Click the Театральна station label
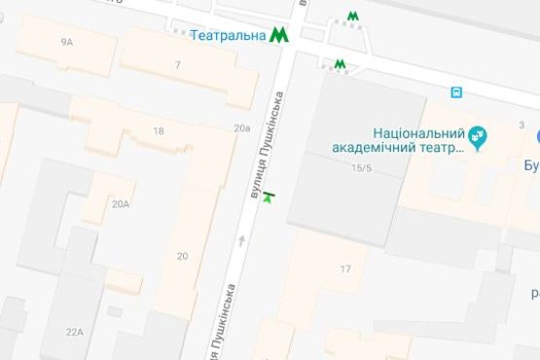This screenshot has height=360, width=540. click(230, 36)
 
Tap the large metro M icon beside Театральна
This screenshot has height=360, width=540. click(279, 35)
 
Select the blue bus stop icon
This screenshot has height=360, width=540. click(455, 92)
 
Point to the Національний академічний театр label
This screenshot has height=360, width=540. click(420, 141)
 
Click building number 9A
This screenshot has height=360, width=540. click(66, 42)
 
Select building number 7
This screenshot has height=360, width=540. click(177, 65)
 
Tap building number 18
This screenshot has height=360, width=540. click(158, 131)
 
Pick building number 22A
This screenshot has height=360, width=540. click(75, 332)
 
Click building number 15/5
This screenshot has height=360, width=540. click(362, 168)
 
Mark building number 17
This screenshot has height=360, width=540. click(345, 269)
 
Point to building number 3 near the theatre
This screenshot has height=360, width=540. click(522, 125)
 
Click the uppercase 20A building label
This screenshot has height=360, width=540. click(120, 204)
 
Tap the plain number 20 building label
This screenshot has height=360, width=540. click(182, 256)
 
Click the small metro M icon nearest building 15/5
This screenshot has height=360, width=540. click(340, 65)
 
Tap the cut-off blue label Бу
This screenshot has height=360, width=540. click(530, 164)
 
